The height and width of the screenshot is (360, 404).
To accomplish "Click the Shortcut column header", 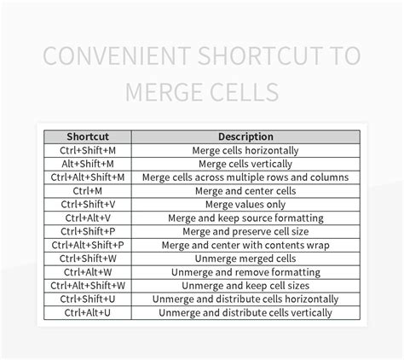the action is click(x=88, y=136).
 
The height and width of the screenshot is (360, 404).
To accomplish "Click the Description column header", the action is click(x=245, y=136).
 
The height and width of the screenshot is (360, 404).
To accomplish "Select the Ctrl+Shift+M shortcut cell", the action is click(x=88, y=150).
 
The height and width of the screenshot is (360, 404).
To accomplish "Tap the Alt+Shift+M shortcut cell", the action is click(x=88, y=164).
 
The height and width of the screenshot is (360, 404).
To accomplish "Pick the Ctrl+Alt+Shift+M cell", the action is click(x=88, y=177).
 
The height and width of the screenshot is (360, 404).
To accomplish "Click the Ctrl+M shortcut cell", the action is click(x=88, y=191).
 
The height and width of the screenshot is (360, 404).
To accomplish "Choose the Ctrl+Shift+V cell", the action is click(x=88, y=205).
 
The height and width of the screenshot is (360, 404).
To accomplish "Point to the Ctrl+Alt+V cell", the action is click(x=88, y=218).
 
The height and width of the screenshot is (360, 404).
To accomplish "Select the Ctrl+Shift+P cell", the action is click(x=88, y=232).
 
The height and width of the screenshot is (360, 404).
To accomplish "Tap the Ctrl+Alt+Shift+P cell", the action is click(x=88, y=245).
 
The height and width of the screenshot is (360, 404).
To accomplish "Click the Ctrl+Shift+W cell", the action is click(x=88, y=258).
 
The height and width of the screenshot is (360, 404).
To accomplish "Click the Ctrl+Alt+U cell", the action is click(x=88, y=313).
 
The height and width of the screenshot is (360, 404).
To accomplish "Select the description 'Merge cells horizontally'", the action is click(x=245, y=150).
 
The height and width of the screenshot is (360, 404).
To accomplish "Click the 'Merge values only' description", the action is click(x=245, y=205).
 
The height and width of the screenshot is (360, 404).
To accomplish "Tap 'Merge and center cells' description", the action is click(x=245, y=191).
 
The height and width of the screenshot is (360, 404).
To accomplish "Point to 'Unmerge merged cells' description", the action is click(x=245, y=258).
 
